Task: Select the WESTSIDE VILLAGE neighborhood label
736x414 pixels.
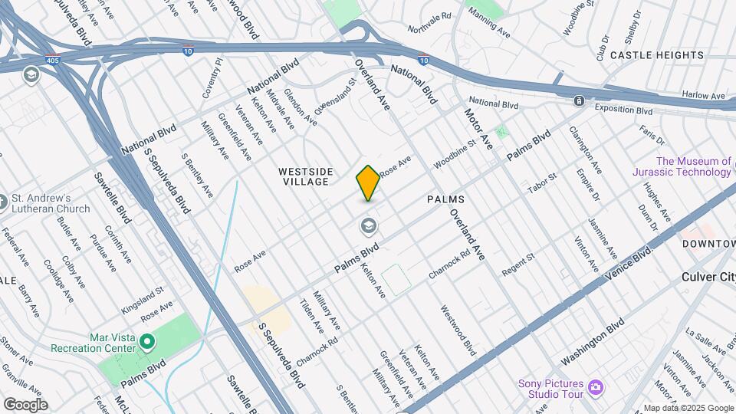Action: point(304,176)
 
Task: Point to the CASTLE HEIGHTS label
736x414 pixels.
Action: point(656,55)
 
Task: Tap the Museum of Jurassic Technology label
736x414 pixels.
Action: point(693,166)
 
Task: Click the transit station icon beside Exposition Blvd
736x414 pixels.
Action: point(579,101)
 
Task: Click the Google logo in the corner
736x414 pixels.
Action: point(25,404)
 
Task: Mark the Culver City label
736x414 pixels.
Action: point(708,277)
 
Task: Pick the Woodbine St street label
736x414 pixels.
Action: point(455,153)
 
